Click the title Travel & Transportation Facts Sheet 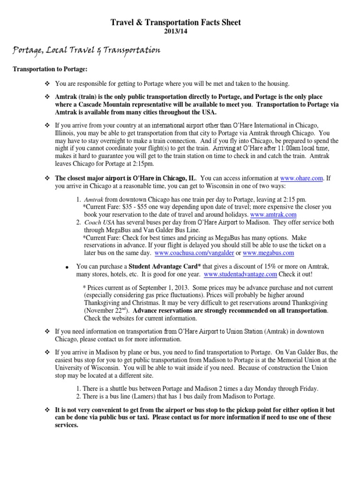coord(175,22)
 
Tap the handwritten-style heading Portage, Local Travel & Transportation coord(87,50)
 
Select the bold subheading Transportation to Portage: coord(50,69)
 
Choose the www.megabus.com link coord(268,253)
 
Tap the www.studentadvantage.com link coord(240,274)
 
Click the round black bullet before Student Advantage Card coord(67,267)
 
